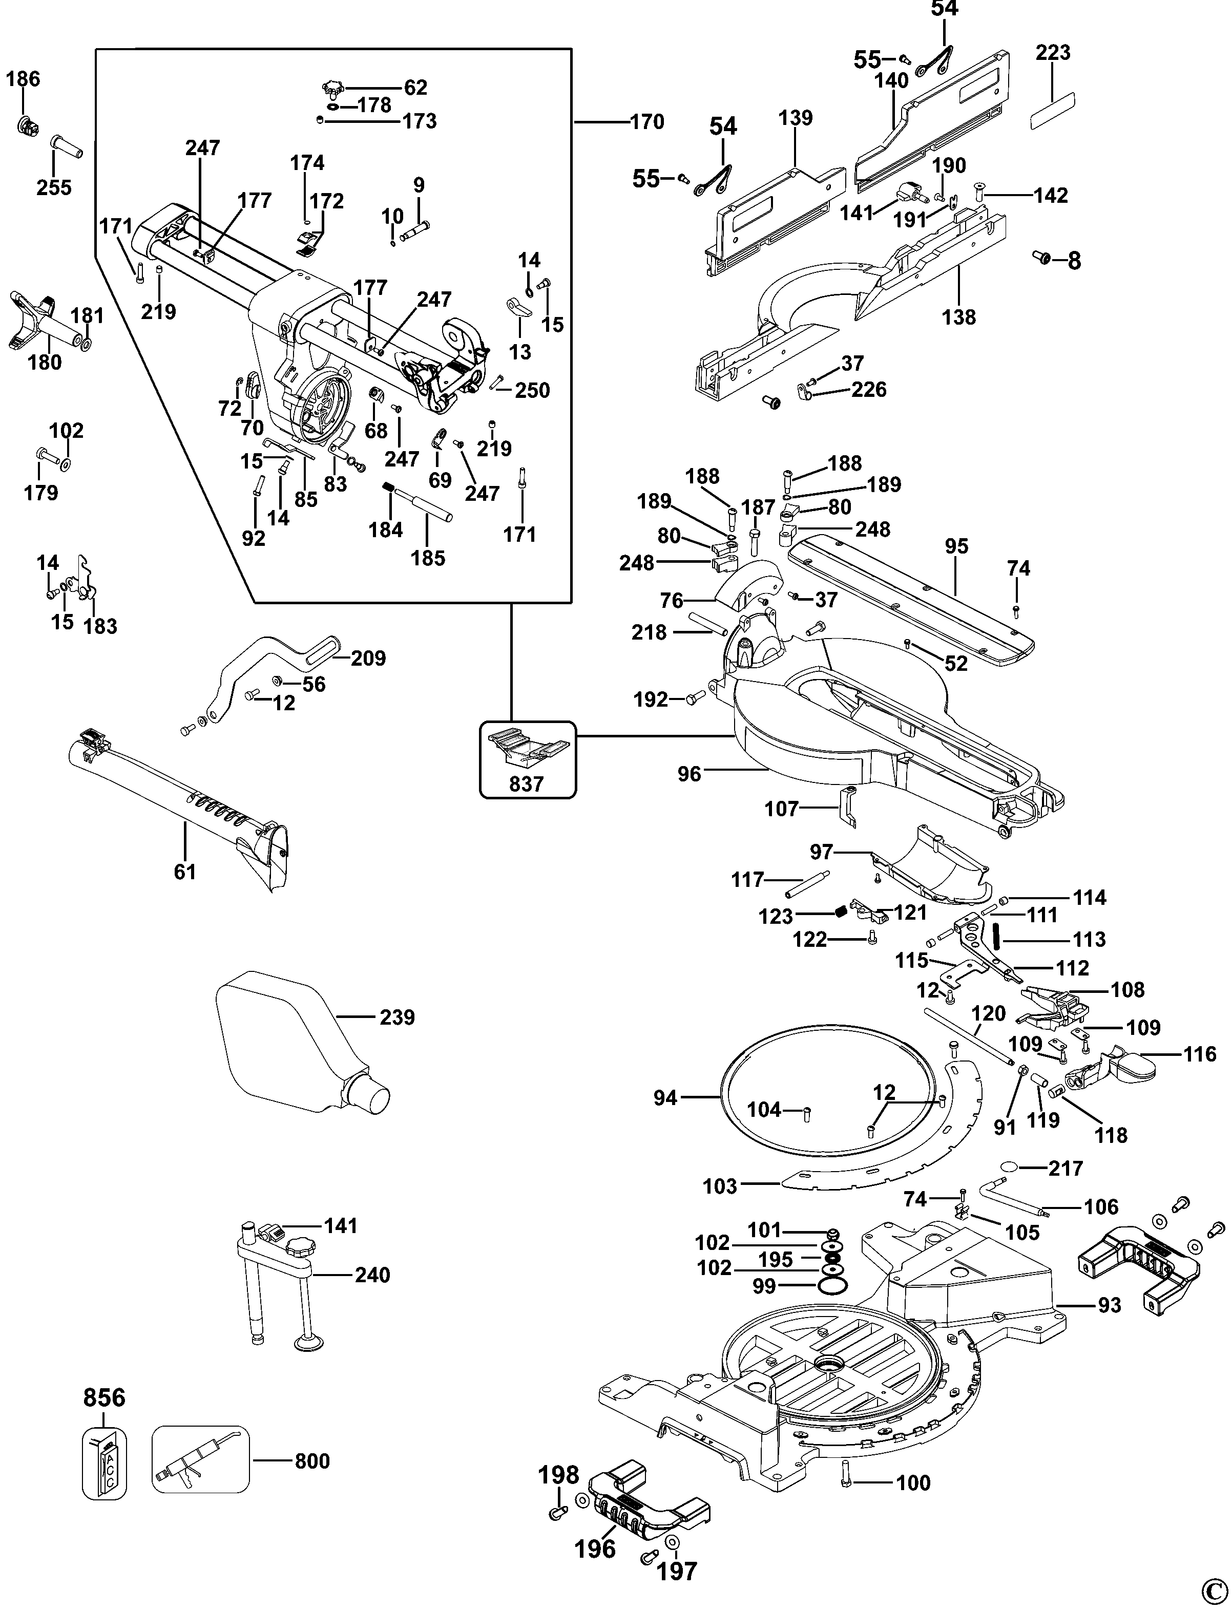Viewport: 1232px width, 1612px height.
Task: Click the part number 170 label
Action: [x=647, y=122]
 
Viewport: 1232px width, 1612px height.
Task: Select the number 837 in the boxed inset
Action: [x=527, y=784]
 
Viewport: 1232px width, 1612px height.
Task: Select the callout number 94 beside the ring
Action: [x=665, y=1097]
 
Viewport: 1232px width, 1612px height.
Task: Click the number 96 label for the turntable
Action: [x=690, y=773]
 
